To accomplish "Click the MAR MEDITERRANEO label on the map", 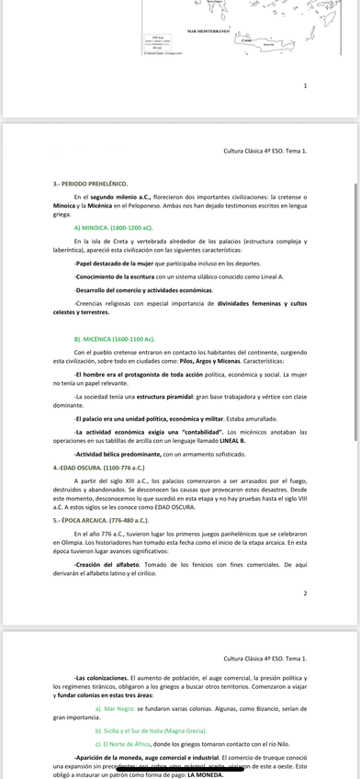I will click(208, 31).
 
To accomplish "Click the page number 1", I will click(305, 85).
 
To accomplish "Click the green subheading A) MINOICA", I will click(113, 226).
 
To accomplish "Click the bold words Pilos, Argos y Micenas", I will click(191, 361).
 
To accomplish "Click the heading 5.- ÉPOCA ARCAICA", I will click(103, 519).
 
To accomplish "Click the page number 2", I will click(305, 593).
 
